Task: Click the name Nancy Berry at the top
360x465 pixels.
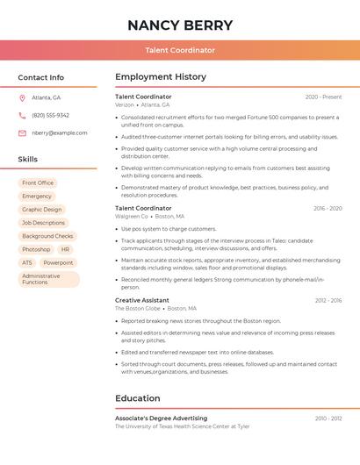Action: (x=180, y=25)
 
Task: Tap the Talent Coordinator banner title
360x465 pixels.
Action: (x=180, y=50)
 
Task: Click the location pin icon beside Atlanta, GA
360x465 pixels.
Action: (x=22, y=97)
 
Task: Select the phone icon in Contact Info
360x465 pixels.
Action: (x=22, y=115)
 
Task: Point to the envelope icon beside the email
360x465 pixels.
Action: (x=22, y=132)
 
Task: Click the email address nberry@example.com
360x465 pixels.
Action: (x=60, y=132)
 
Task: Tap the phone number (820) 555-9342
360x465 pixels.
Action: (x=50, y=115)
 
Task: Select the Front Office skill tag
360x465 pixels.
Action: (x=38, y=182)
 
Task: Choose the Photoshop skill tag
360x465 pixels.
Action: (x=36, y=249)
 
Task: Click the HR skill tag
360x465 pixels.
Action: (x=66, y=249)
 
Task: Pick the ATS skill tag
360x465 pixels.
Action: (x=27, y=262)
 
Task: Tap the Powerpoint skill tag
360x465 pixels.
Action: (x=58, y=262)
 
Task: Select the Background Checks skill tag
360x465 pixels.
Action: (x=47, y=236)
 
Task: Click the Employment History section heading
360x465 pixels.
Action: (x=161, y=77)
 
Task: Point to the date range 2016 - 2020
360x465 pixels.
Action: (x=328, y=209)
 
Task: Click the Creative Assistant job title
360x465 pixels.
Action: (x=142, y=300)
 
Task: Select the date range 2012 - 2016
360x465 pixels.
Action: (x=328, y=300)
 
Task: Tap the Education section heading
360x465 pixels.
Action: (x=138, y=398)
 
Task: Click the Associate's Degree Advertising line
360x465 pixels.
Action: (x=162, y=418)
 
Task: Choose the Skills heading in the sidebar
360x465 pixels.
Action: (x=28, y=159)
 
